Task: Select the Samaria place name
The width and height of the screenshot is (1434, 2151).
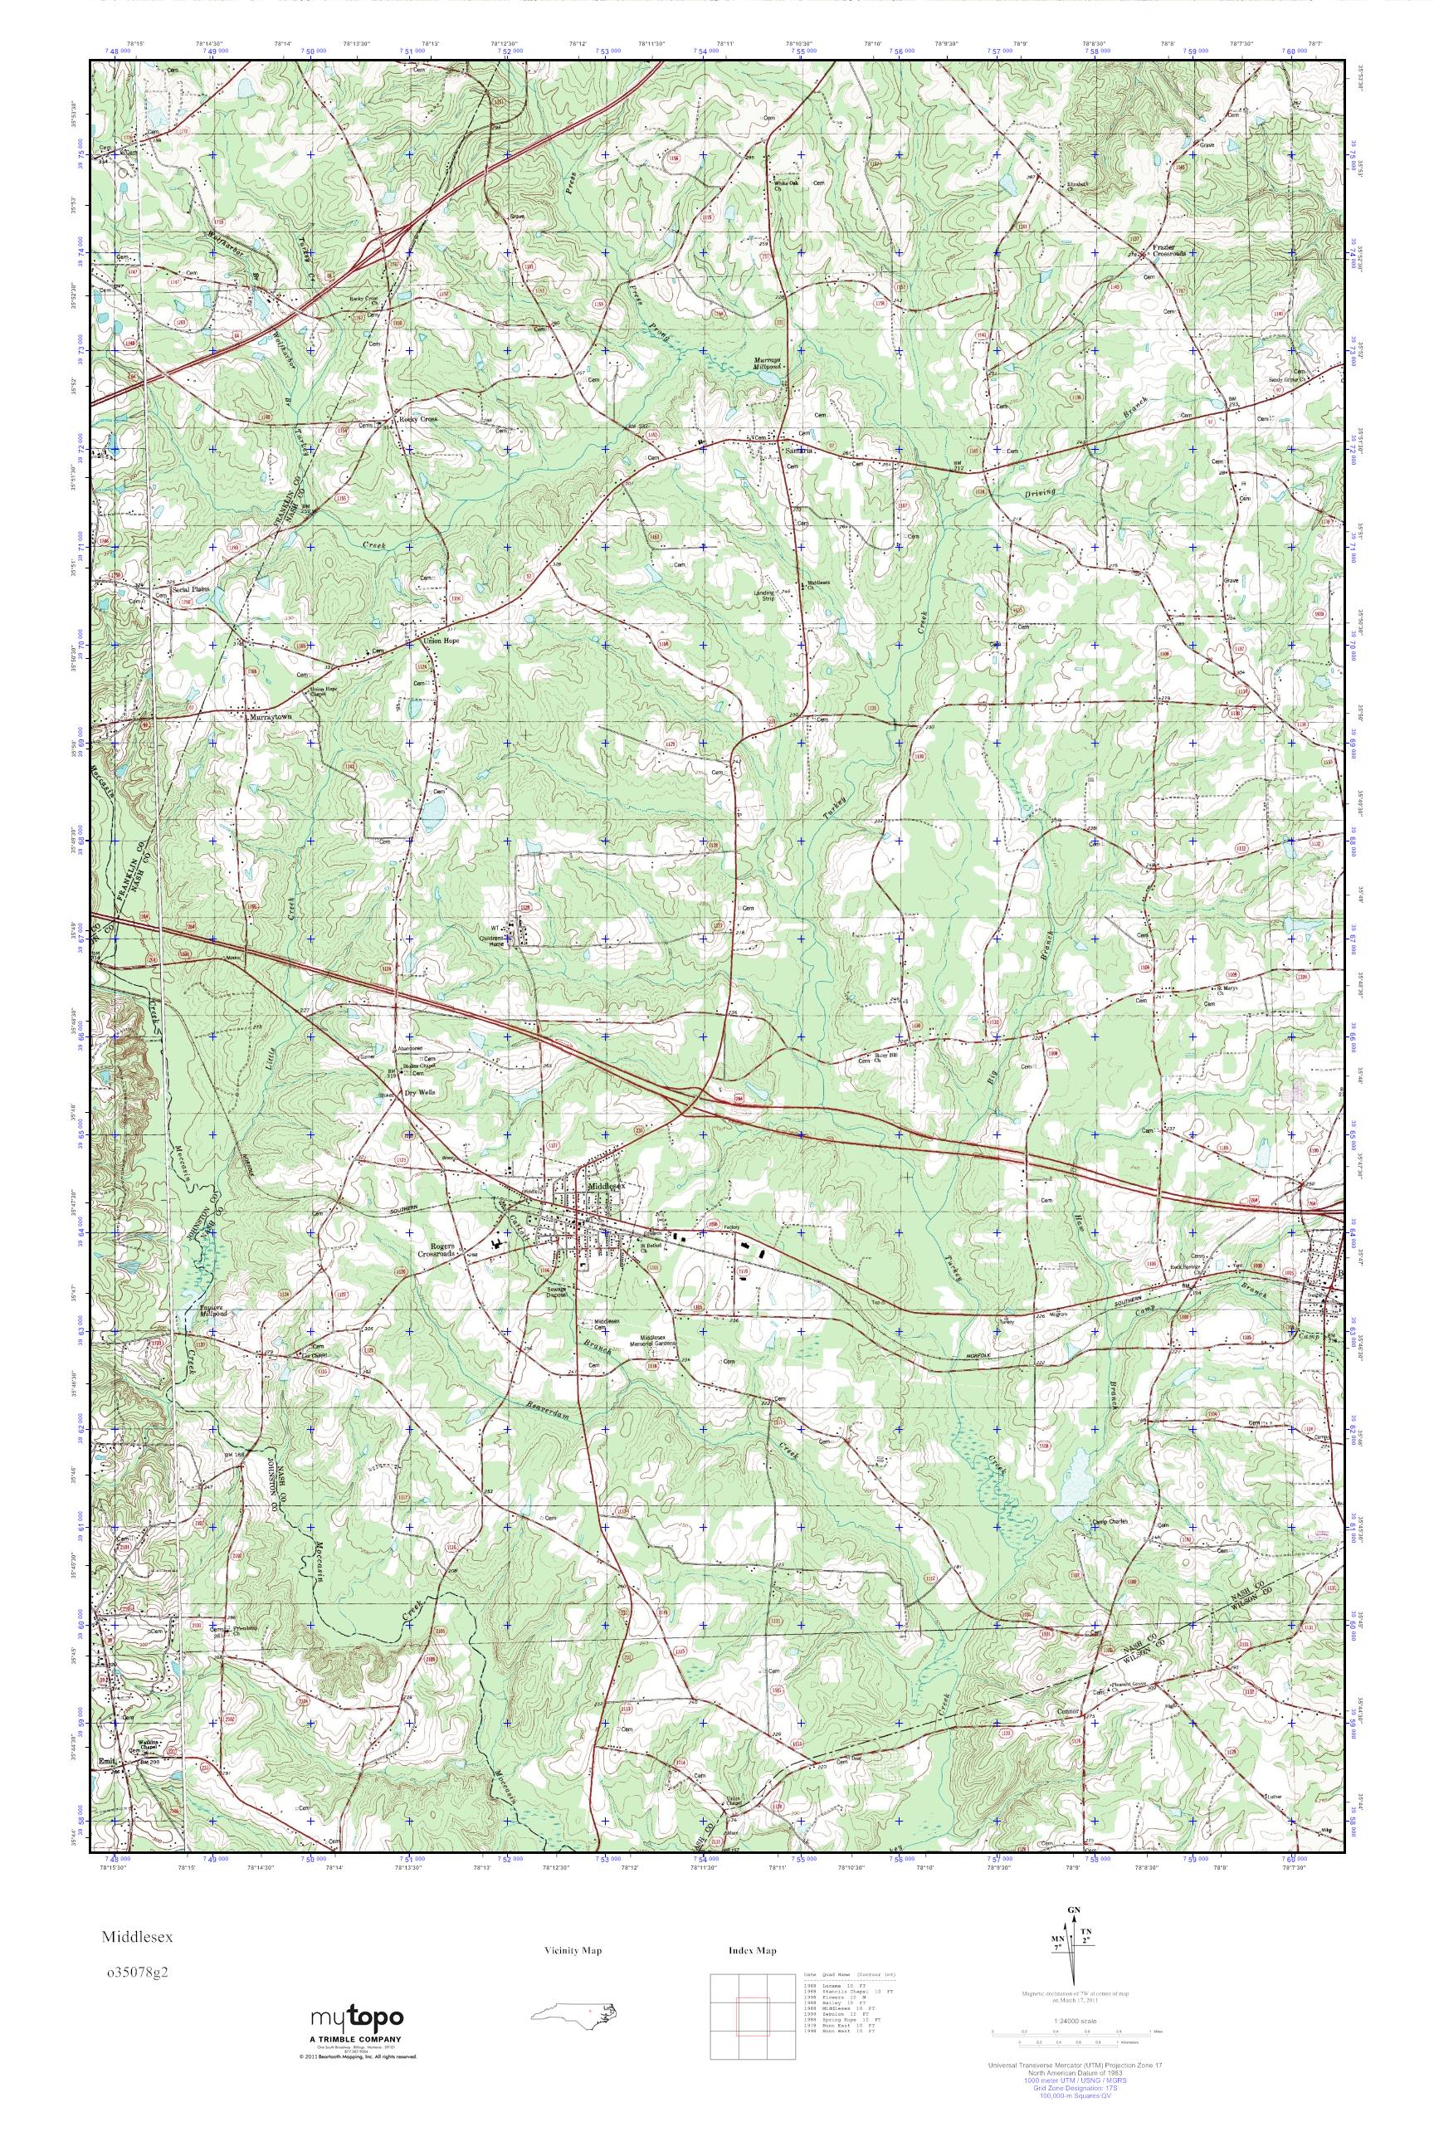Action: (800, 450)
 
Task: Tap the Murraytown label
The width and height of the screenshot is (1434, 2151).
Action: (271, 718)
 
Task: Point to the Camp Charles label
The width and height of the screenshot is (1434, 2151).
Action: (1110, 1522)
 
